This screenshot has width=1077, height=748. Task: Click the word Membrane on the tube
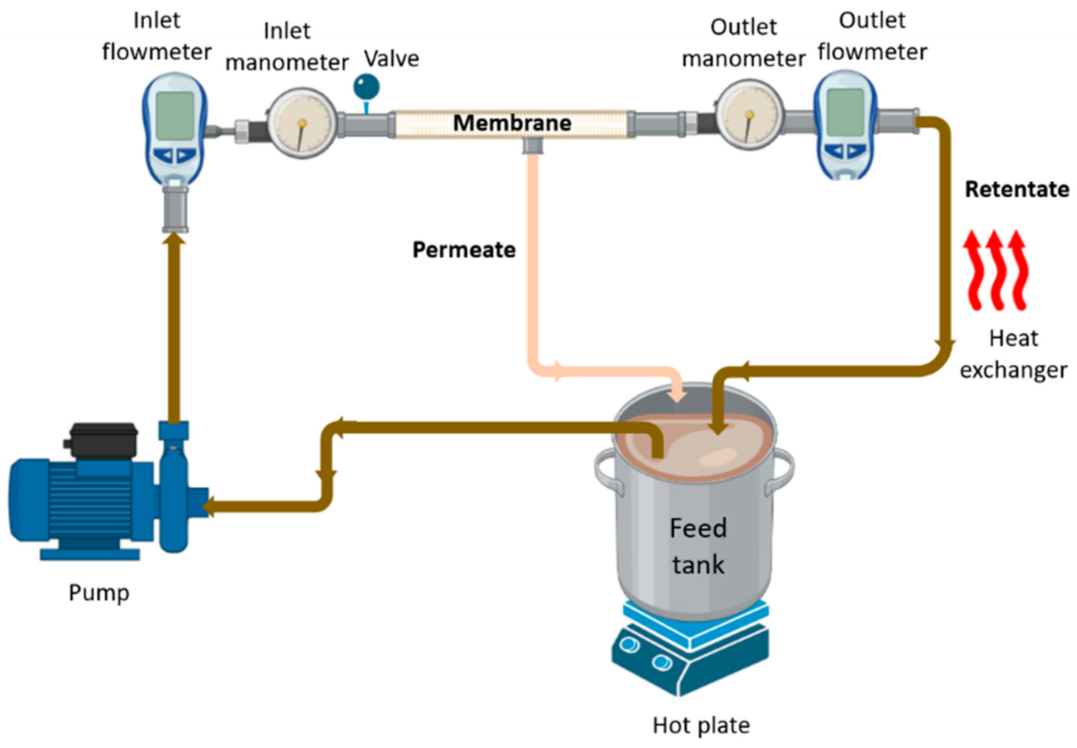512,123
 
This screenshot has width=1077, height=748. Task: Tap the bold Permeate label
464,250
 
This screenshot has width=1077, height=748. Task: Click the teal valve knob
366,87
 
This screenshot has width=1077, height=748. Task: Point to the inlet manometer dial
302,123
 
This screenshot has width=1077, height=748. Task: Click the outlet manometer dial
749,114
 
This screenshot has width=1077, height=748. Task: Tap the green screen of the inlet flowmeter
175,115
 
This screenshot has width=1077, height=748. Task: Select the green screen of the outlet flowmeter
845,112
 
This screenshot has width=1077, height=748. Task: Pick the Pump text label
99,593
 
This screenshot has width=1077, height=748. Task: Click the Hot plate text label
701,726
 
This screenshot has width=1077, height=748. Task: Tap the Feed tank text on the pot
698,546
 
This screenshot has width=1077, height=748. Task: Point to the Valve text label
392,59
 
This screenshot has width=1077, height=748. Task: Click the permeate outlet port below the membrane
533,146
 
